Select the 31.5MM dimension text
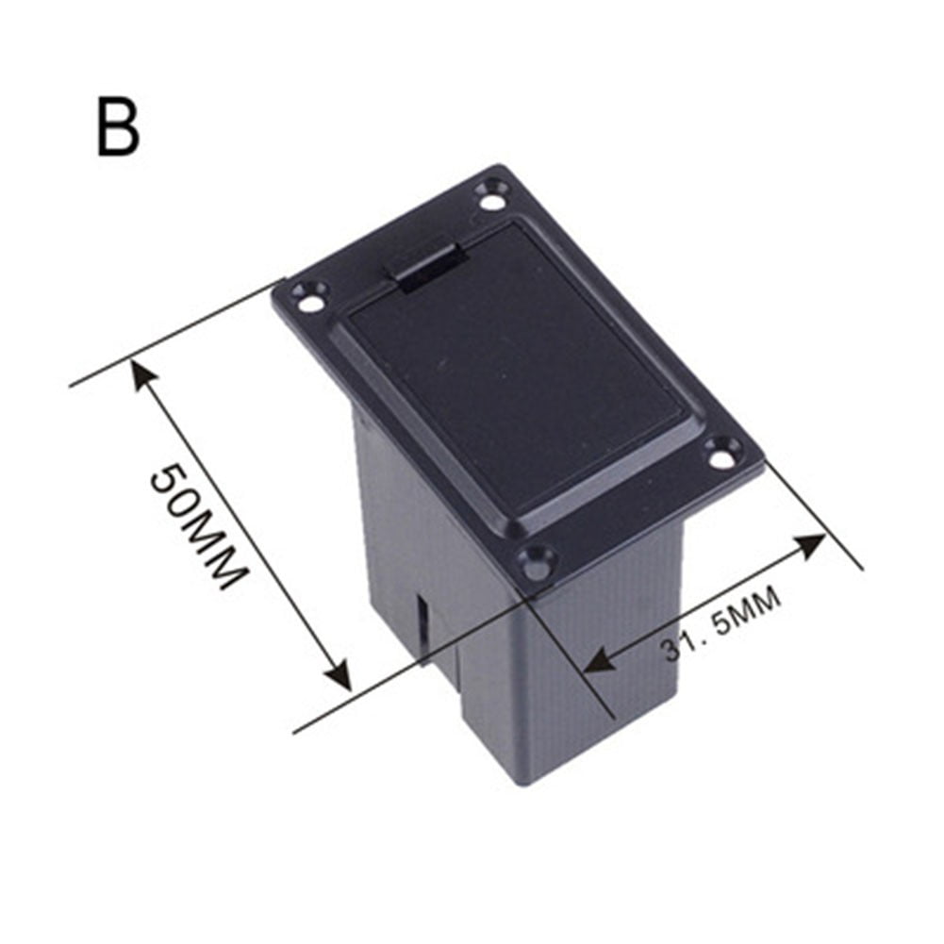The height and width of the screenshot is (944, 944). pyautogui.click(x=721, y=624)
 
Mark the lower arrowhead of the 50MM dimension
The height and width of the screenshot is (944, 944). pyautogui.click(x=338, y=677)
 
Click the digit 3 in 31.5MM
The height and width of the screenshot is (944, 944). pyautogui.click(x=671, y=651)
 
